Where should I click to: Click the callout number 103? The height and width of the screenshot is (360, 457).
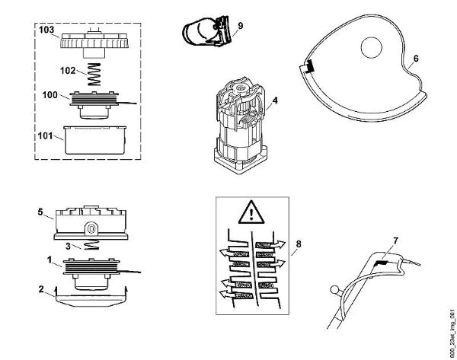(x=46, y=30)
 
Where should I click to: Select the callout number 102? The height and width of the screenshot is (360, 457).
(x=68, y=69)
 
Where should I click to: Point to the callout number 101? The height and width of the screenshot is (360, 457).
(x=46, y=137)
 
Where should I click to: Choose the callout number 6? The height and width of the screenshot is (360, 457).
(x=416, y=58)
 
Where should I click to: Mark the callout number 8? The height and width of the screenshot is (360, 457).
(x=299, y=244)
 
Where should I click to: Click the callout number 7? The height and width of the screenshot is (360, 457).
(x=395, y=241)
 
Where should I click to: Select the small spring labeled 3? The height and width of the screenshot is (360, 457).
(x=92, y=246)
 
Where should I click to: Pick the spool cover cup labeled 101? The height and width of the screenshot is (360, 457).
(x=94, y=139)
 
